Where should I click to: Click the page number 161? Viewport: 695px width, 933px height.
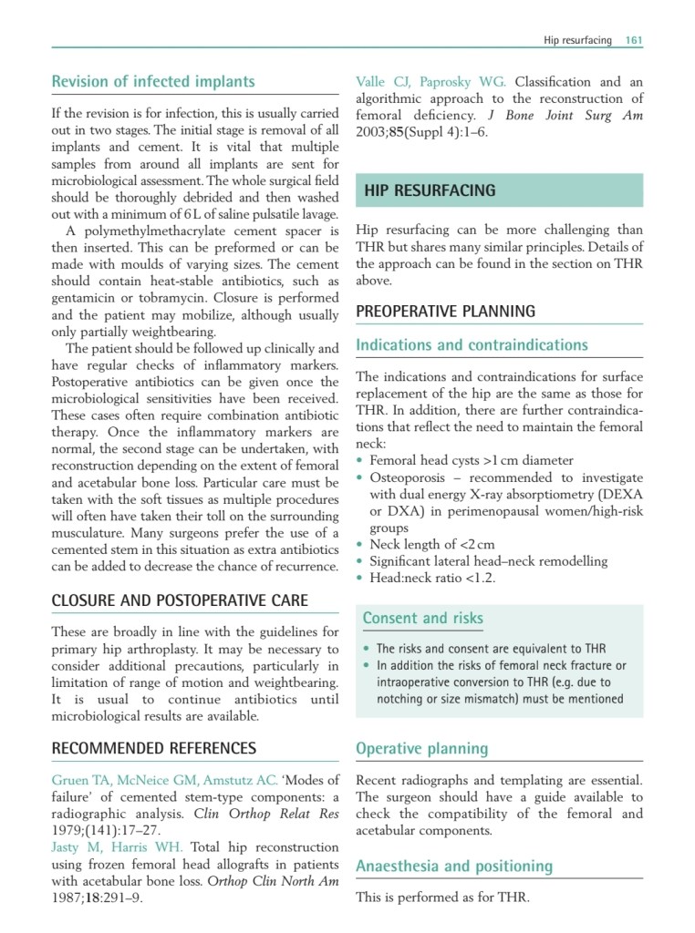pos(634,40)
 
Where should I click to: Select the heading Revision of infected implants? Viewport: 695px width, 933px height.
pos(153,82)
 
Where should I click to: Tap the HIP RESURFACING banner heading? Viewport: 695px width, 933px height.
pos(430,190)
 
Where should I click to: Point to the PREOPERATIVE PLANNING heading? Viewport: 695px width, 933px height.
pos(445,312)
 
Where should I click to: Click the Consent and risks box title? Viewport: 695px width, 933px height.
pos(423,619)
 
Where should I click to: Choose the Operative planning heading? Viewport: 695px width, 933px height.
pos(421,749)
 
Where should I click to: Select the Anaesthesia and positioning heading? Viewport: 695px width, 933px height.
pos(454,866)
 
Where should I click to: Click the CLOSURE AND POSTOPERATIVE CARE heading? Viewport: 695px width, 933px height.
pos(180,600)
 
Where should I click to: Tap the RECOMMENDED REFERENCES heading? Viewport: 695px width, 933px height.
pos(153,749)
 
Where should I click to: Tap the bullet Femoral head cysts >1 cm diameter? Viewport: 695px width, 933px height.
pos(472,461)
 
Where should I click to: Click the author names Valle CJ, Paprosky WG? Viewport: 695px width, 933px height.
pos(430,82)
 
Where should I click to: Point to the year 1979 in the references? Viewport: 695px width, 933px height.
pos(69,830)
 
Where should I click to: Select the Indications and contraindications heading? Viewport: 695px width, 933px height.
pos(472,345)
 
